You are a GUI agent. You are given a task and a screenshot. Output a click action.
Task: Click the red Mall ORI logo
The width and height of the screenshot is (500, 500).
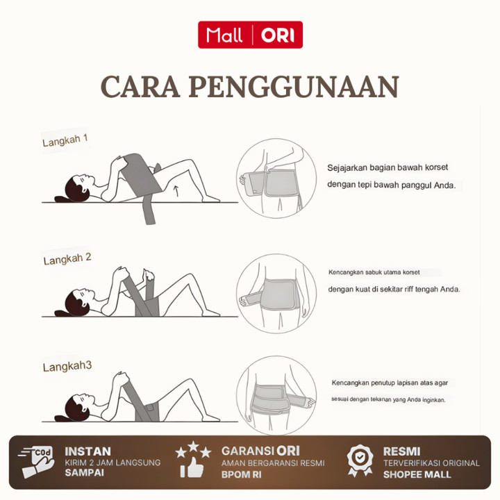(250, 35)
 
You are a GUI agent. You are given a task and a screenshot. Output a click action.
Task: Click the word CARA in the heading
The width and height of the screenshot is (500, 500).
(140, 87)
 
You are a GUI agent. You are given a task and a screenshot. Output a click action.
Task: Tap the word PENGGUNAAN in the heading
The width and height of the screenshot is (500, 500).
(294, 87)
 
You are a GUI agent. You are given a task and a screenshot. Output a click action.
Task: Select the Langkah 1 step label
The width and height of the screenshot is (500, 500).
(65, 140)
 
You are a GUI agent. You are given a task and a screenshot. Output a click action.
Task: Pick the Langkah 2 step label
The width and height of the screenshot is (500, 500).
(67, 259)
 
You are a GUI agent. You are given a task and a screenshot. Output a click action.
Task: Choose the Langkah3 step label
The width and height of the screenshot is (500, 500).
(67, 367)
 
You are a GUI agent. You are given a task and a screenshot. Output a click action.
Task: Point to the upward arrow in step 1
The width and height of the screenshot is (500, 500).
(176, 191)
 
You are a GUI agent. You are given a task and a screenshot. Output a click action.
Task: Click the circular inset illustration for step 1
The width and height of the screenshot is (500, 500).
(276, 178)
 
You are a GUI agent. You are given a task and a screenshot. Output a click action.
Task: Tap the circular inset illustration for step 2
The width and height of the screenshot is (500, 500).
(276, 294)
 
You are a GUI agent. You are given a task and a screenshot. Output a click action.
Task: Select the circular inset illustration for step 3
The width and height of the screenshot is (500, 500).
(276, 395)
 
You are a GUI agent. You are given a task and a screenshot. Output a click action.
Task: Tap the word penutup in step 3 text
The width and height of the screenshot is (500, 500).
(381, 383)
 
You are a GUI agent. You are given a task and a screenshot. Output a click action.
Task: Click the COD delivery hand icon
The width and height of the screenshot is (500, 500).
(35, 462)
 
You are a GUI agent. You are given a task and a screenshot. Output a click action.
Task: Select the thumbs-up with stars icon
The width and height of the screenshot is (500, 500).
(193, 460)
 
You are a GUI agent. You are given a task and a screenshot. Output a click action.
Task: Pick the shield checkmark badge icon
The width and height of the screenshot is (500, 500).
(360, 461)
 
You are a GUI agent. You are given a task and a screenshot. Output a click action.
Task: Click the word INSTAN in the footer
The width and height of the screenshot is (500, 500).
(87, 451)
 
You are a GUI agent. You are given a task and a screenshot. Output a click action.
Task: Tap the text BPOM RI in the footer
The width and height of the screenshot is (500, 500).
(242, 474)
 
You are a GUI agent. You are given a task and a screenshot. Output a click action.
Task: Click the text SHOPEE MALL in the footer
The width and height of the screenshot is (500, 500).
(417, 474)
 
